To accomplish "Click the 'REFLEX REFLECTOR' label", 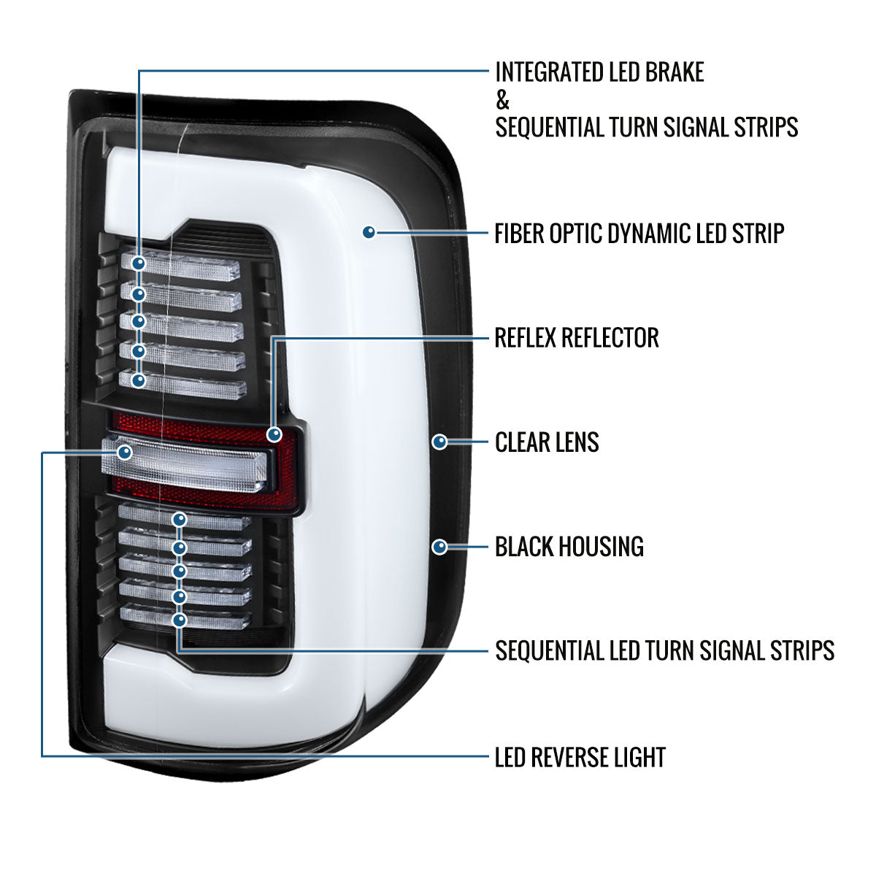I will (577, 338).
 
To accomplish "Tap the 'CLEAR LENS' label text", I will (547, 442).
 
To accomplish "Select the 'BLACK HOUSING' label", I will (569, 547).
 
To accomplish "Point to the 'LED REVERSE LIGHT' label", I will (580, 758).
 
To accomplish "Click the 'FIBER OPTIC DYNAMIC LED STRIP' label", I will (639, 234).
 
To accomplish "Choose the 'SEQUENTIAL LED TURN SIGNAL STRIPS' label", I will (664, 650).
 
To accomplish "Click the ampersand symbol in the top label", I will (502, 100).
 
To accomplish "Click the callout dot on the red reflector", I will (274, 434).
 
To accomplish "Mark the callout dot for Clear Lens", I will (440, 442).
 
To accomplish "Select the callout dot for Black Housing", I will (440, 546).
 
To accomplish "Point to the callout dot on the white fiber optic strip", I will (369, 232).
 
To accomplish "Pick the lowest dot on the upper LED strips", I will (139, 380).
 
